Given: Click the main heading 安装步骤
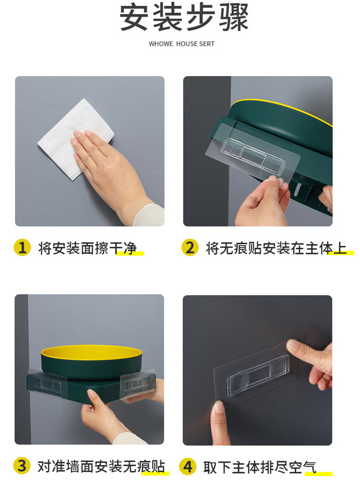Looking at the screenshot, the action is (x=184, y=18).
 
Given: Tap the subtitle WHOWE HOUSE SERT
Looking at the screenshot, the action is (x=182, y=44).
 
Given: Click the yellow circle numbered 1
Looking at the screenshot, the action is (x=22, y=248).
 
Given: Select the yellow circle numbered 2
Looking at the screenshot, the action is (x=190, y=248).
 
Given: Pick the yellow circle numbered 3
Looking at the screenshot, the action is (x=22, y=466).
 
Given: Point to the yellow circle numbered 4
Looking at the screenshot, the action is (x=188, y=466).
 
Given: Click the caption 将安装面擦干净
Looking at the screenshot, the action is (x=87, y=248).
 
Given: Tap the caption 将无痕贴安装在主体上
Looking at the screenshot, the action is (x=276, y=248).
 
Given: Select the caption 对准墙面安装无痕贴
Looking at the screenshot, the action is (x=101, y=466).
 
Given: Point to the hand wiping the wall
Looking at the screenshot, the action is (x=112, y=174).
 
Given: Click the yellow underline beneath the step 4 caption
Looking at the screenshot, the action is (x=319, y=474).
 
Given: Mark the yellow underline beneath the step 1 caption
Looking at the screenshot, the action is (x=130, y=254).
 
